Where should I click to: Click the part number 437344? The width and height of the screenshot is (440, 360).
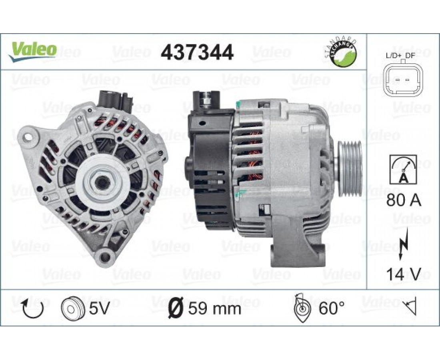(x=197, y=52)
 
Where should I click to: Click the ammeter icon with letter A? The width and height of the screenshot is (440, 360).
(x=403, y=169)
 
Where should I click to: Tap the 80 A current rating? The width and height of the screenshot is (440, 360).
(x=404, y=200)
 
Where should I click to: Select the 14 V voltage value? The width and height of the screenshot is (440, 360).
(x=404, y=274)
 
